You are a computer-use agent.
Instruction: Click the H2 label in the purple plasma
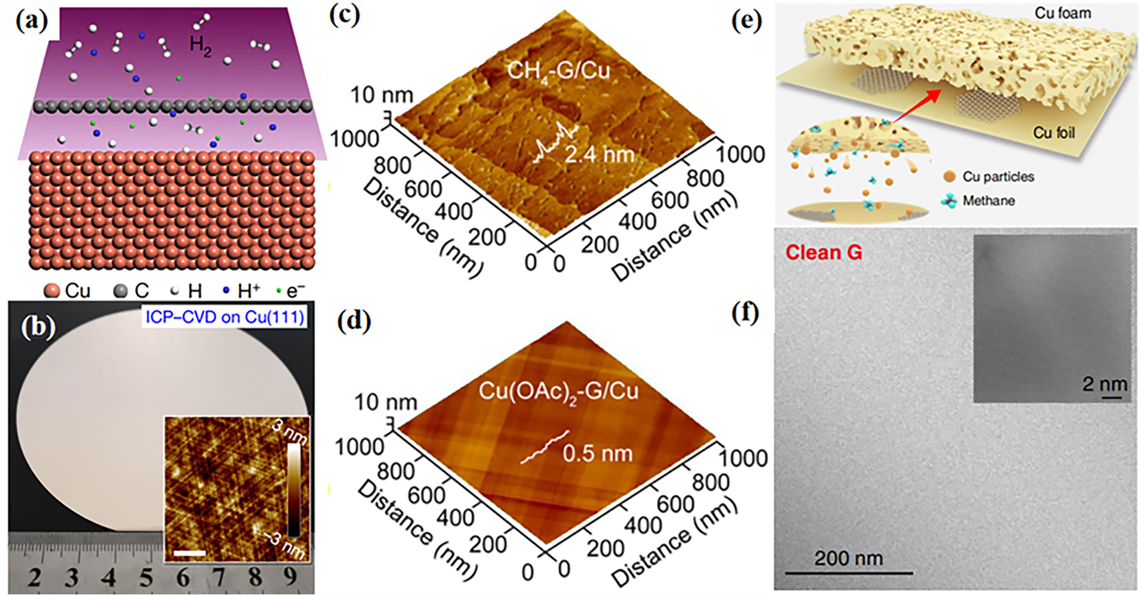click(200, 45)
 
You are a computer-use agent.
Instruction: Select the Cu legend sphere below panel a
click(52, 291)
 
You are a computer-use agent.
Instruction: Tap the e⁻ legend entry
click(291, 291)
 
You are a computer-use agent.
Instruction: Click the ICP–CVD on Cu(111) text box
click(225, 317)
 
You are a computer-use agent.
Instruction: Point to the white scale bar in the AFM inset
click(189, 554)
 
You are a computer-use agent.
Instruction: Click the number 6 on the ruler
click(182, 577)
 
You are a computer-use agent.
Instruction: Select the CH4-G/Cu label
click(559, 70)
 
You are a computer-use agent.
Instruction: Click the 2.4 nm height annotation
click(599, 155)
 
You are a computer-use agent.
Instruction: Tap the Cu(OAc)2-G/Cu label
click(558, 391)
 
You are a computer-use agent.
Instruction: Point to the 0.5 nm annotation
click(597, 453)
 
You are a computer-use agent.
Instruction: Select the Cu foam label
click(1062, 13)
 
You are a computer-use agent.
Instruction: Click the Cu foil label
click(1054, 132)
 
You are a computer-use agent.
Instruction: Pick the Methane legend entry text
click(988, 201)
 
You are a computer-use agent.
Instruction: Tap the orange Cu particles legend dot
click(949, 177)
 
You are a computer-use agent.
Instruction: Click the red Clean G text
click(824, 253)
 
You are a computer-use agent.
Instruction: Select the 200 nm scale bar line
click(849, 573)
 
